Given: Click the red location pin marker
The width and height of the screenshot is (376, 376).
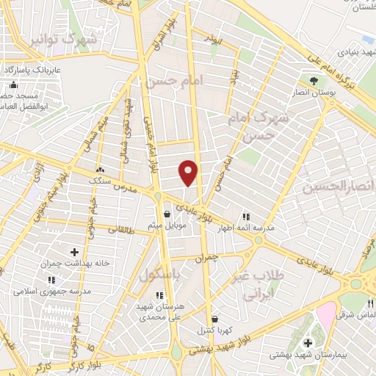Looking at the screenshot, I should (189, 172).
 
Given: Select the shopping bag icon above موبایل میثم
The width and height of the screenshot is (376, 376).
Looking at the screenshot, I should (168, 214).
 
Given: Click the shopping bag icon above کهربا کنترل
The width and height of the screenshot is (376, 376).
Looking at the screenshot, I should (214, 319).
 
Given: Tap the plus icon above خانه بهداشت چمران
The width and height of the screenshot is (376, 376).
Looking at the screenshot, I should (74, 252).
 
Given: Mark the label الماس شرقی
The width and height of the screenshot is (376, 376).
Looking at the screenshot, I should (357, 314).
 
